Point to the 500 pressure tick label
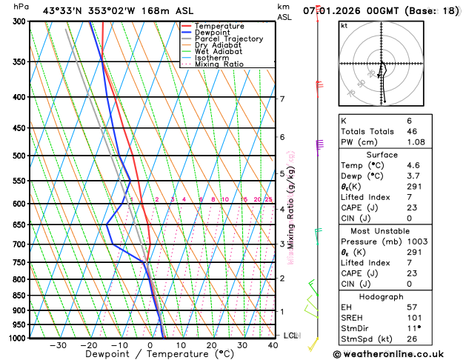coord(19,156)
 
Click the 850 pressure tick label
coord(19,296)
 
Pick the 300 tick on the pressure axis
coord(19,21)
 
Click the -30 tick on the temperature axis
coord(58,345)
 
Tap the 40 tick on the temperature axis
coord(274,345)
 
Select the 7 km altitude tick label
coord(282,99)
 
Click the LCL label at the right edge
coord(291,336)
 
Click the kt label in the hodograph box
coord(344,25)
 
